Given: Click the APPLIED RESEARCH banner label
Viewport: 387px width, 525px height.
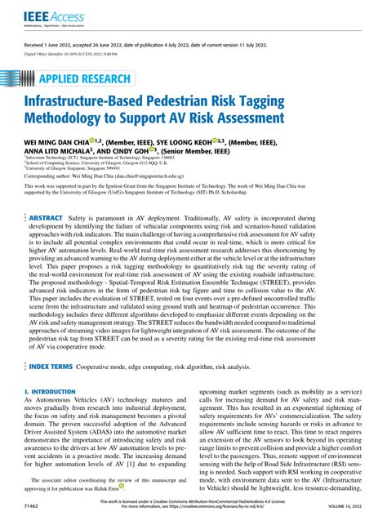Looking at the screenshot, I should click(85, 79).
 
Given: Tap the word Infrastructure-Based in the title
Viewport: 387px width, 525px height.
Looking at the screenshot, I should click(108, 105).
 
